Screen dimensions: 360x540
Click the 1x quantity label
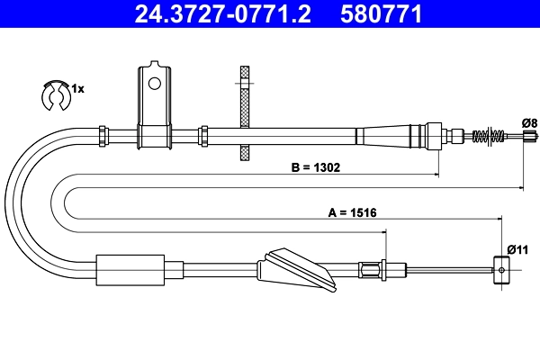tap(78, 88)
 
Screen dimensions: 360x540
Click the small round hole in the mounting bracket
tap(154, 85)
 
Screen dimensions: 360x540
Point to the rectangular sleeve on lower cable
tap(130, 269)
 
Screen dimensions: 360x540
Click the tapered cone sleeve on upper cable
tap(382, 136)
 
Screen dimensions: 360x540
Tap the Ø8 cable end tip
tap(528, 137)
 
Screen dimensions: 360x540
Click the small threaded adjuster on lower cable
tap(372, 268)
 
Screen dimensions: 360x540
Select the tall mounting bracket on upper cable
tap(154, 108)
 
